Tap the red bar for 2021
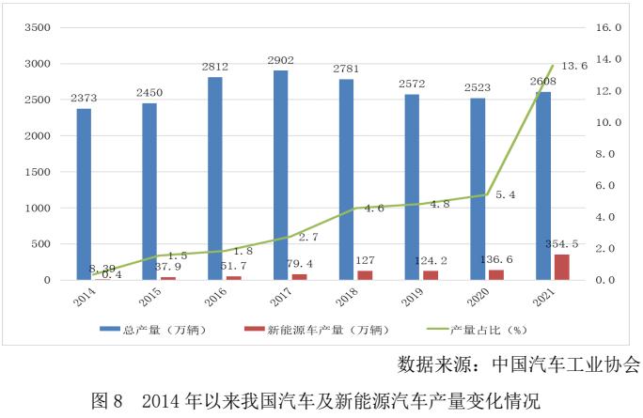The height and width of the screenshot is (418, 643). pyautogui.click(x=561, y=267)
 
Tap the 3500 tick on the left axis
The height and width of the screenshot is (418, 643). pyautogui.click(x=35, y=28)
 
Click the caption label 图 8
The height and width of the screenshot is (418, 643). pyautogui.click(x=106, y=401)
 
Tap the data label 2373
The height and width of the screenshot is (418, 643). pyautogui.click(x=84, y=98)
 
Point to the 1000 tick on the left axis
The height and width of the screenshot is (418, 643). pyautogui.click(x=35, y=208)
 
